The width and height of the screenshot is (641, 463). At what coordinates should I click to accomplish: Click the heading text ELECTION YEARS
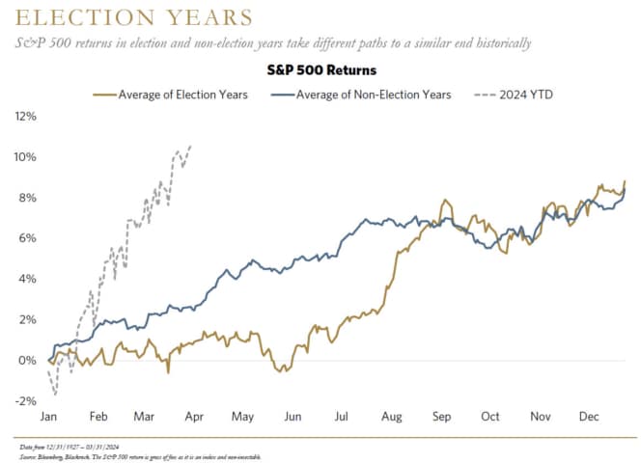point(130,18)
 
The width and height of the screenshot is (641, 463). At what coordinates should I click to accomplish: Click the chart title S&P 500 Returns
point(320,70)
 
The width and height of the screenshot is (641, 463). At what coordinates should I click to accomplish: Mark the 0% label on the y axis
point(27,361)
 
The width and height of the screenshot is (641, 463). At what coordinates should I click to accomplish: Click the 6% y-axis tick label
point(27,238)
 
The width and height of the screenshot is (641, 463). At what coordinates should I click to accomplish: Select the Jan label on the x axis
point(48,417)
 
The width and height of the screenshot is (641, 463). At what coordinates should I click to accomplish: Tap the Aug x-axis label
point(393,417)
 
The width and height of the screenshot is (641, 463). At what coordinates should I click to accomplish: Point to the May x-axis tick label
point(243,417)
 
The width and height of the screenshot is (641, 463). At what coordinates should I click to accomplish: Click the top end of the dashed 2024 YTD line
point(190,146)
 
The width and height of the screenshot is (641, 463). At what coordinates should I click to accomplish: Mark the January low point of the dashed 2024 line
point(55,395)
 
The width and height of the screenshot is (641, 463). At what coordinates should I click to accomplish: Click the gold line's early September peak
point(445,201)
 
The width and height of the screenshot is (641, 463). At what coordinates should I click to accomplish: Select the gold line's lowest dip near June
point(281,371)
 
